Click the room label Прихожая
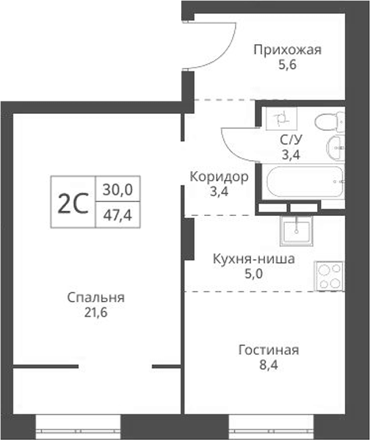(x=288, y=50)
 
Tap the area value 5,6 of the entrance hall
(x=288, y=65)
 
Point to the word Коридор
(x=219, y=177)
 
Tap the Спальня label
(x=95, y=297)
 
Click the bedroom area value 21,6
(x=95, y=312)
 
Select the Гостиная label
(x=268, y=350)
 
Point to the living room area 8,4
(x=268, y=364)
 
